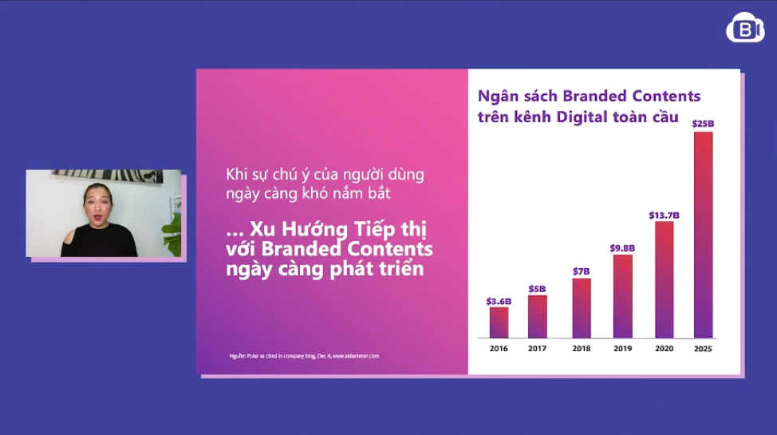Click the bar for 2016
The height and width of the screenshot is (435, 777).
click(499, 322)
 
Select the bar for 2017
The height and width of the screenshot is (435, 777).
click(538, 316)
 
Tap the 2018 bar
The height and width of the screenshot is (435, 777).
click(582, 308)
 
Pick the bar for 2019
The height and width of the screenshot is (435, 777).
click(623, 296)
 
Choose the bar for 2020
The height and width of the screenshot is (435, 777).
click(665, 279)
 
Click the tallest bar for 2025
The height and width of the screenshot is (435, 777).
click(704, 235)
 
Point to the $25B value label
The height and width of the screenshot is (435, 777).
click(703, 124)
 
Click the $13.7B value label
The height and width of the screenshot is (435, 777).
click(664, 216)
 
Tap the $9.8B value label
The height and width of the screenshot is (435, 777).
click(622, 248)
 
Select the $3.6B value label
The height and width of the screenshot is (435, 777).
click(499, 301)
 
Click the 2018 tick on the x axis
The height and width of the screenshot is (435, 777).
click(582, 349)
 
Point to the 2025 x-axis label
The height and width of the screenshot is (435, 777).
click(703, 349)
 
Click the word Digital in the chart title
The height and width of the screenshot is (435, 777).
click(582, 117)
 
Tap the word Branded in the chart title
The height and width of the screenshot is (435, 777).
click(594, 96)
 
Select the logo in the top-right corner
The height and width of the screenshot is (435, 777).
click(745, 28)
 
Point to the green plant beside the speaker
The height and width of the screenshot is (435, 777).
click(172, 231)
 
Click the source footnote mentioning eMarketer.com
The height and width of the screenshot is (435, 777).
click(304, 356)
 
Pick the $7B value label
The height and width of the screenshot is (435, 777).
click(582, 271)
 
